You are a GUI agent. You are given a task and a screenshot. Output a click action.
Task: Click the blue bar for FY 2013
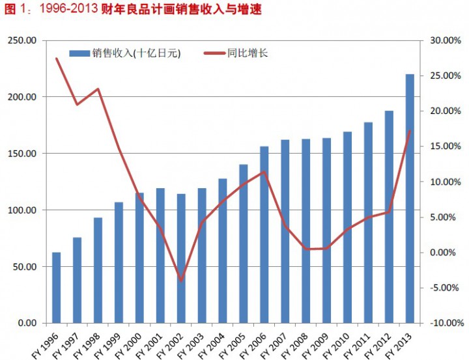coord(410,199)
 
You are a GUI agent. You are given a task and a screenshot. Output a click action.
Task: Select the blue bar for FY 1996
coord(56,288)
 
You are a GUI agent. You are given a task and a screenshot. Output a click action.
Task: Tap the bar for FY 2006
coord(264,235)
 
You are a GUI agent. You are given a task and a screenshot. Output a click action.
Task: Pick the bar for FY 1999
coord(119,262)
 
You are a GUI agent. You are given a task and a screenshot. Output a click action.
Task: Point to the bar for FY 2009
coord(326,230)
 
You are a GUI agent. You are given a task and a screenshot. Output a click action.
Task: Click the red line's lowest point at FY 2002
coord(181,281)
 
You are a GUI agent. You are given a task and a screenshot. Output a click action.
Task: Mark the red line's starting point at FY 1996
coord(57,59)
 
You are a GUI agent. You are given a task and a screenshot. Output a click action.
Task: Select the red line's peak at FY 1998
coord(98,89)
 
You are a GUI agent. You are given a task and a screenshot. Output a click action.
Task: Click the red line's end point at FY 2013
coord(410,131)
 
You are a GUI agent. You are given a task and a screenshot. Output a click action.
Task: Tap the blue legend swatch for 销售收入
coord(79,53)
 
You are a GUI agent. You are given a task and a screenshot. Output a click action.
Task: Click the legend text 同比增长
coord(248,53)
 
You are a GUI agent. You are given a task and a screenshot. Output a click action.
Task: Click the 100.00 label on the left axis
coord(22,210)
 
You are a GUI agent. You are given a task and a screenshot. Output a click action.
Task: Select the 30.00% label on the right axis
coord(446,40)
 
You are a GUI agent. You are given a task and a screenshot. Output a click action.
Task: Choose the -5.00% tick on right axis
coord(444,288)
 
